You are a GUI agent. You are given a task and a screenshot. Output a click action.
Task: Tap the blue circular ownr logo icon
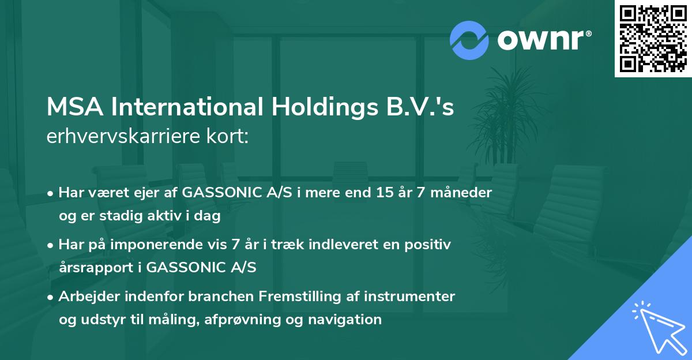[x=469, y=40]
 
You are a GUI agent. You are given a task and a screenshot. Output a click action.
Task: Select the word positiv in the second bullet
[x=430, y=245]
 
